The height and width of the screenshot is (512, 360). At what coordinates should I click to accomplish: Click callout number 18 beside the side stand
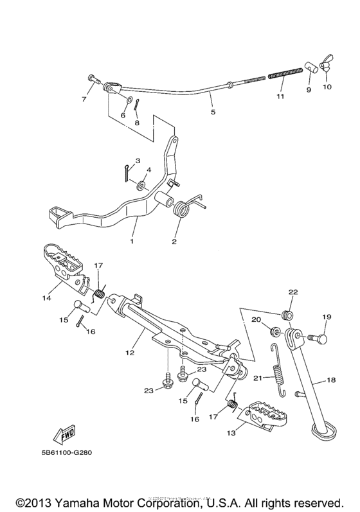pyautogui.click(x=331, y=381)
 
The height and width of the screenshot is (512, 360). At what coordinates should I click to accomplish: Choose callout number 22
pyautogui.click(x=292, y=292)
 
